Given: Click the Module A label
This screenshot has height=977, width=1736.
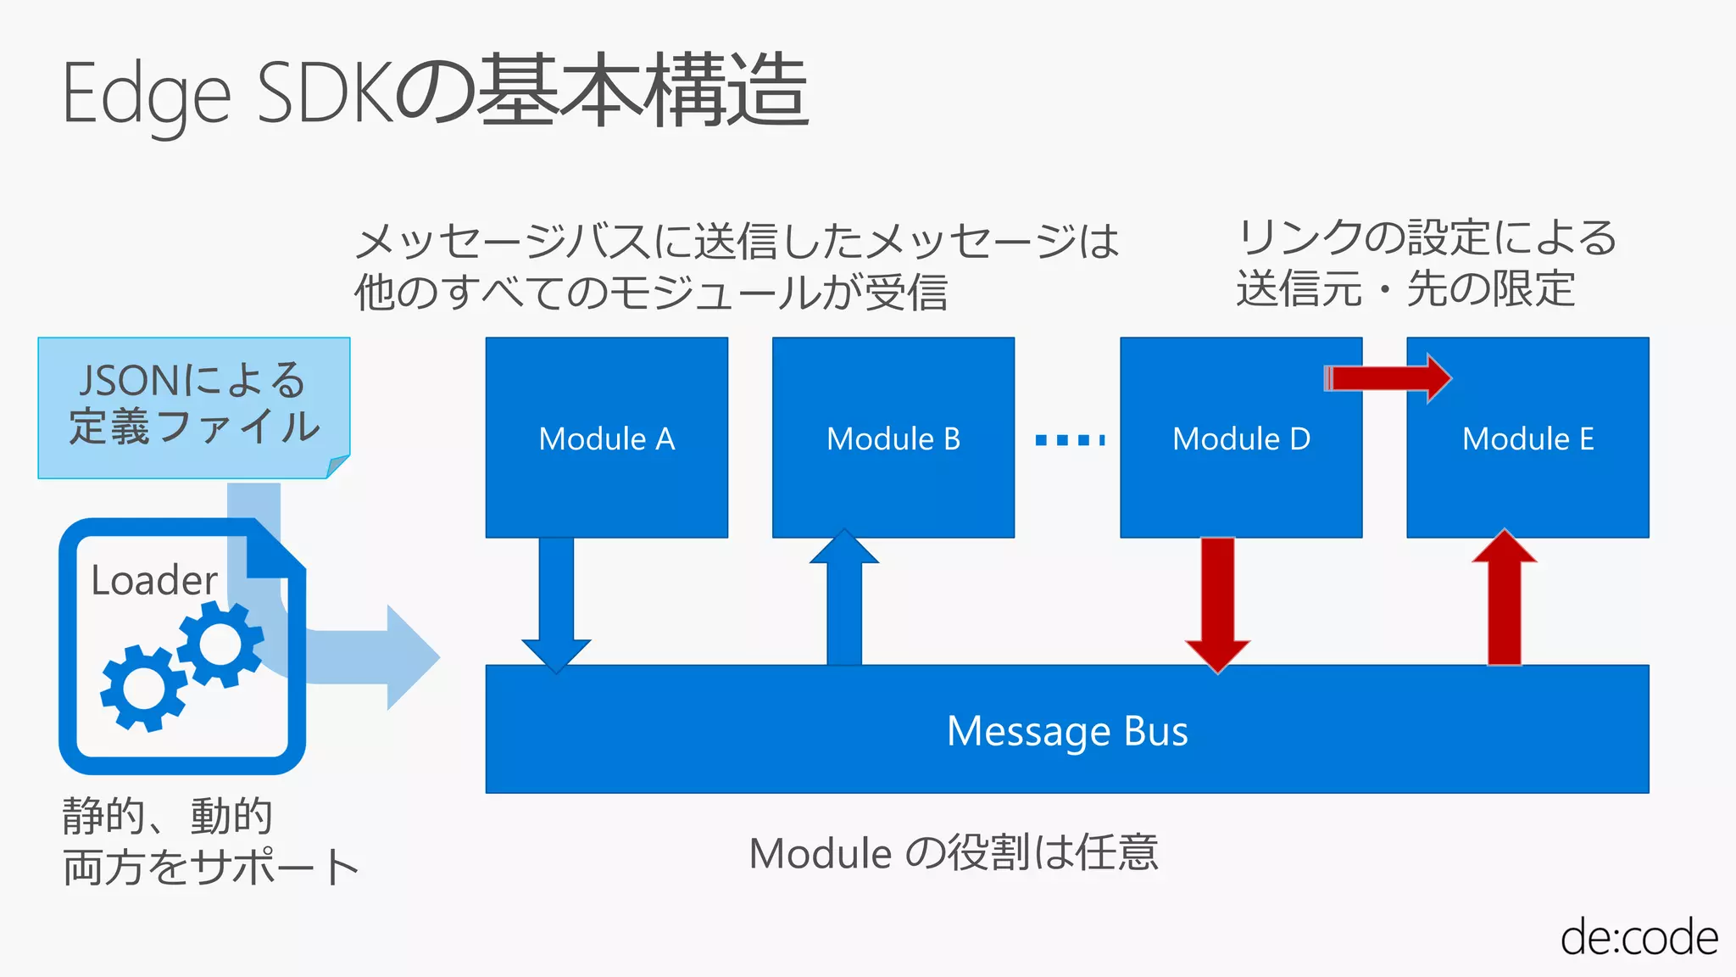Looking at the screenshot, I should (x=607, y=439).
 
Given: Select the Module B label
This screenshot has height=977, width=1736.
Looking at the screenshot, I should (x=893, y=439).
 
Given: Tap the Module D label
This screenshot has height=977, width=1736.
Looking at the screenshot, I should (x=1241, y=439).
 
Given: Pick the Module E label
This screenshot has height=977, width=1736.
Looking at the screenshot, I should (x=1527, y=439).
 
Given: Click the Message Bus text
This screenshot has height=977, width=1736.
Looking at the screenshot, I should (x=1067, y=731).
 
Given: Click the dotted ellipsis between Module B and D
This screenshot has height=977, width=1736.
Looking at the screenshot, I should (x=1070, y=439).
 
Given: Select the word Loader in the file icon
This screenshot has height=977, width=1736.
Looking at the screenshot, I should (x=154, y=581).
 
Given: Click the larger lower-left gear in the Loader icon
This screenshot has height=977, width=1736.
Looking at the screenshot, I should (x=143, y=687).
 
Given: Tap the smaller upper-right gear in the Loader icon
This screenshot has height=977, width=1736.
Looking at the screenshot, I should (x=220, y=645).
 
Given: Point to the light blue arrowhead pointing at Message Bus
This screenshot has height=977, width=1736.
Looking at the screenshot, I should (x=412, y=657).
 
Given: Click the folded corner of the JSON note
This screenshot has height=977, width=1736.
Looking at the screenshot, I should (x=338, y=466).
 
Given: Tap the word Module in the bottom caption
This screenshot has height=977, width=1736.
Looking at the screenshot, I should (x=821, y=854).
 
